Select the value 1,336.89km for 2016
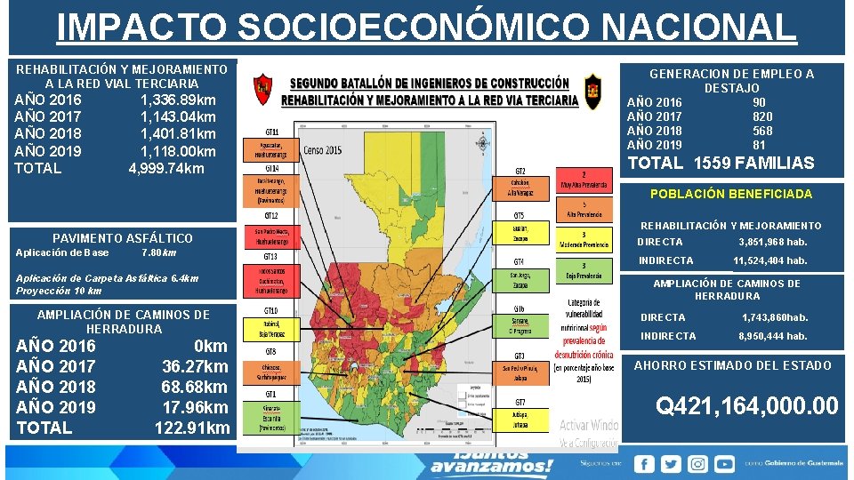tap(178, 100)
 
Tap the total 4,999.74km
tap(166, 168)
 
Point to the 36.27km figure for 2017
tap(195, 366)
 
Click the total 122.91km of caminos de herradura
tap(191, 428)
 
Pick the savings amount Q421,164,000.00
tap(746, 406)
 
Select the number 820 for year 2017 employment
tap(762, 116)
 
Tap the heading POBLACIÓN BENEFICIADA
tap(731, 194)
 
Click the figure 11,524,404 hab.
tap(770, 260)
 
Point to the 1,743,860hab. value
tap(775, 317)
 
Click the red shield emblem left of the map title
tap(262, 88)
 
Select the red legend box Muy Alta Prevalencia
tap(584, 181)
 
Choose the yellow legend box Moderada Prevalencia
tap(584, 240)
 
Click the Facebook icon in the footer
tap(644, 463)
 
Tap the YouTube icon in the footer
tap(725, 463)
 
